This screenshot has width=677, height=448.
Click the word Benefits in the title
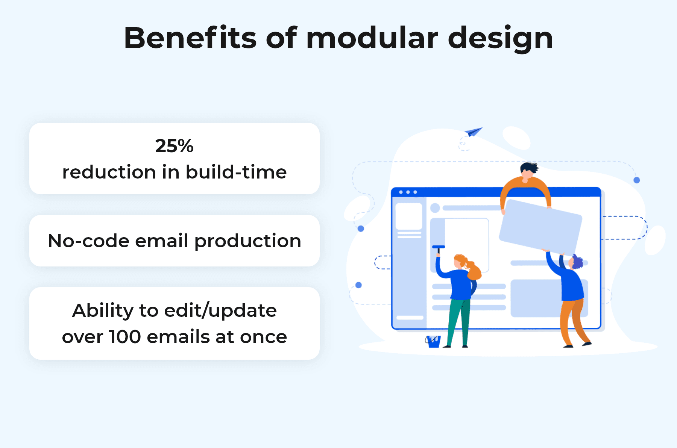click(190, 38)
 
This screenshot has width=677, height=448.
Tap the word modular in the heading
click(372, 38)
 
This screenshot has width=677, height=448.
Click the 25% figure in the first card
click(174, 146)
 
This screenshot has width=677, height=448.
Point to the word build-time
click(236, 172)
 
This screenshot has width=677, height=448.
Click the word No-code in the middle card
click(89, 241)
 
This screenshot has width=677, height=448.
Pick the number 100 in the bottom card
click(124, 337)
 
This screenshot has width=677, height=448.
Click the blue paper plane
click(473, 132)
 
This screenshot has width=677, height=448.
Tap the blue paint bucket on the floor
click(433, 341)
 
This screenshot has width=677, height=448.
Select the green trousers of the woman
click(459, 322)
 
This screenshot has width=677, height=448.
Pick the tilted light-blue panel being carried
click(540, 227)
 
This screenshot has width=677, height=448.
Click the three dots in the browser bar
click(408, 192)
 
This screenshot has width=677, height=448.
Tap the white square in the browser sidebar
click(409, 216)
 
